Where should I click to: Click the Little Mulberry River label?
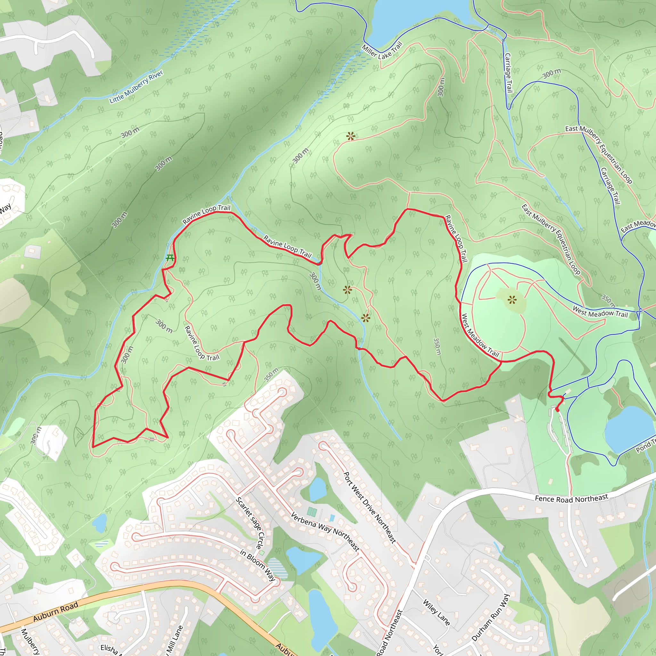tap(136, 86)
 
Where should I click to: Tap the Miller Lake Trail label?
tap(381, 51)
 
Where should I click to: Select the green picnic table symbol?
tap(170, 258)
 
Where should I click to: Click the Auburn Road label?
tap(56, 611)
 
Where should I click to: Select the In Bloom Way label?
tap(258, 565)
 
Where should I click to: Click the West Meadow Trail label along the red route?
tap(480, 335)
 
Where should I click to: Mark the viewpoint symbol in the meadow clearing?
tap(512, 300)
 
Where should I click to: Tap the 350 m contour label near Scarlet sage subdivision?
tap(271, 374)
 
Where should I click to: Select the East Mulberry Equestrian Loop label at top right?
tap(598, 155)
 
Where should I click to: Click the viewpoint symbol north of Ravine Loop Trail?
tap(350, 136)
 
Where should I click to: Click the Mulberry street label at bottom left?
tap(30, 642)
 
